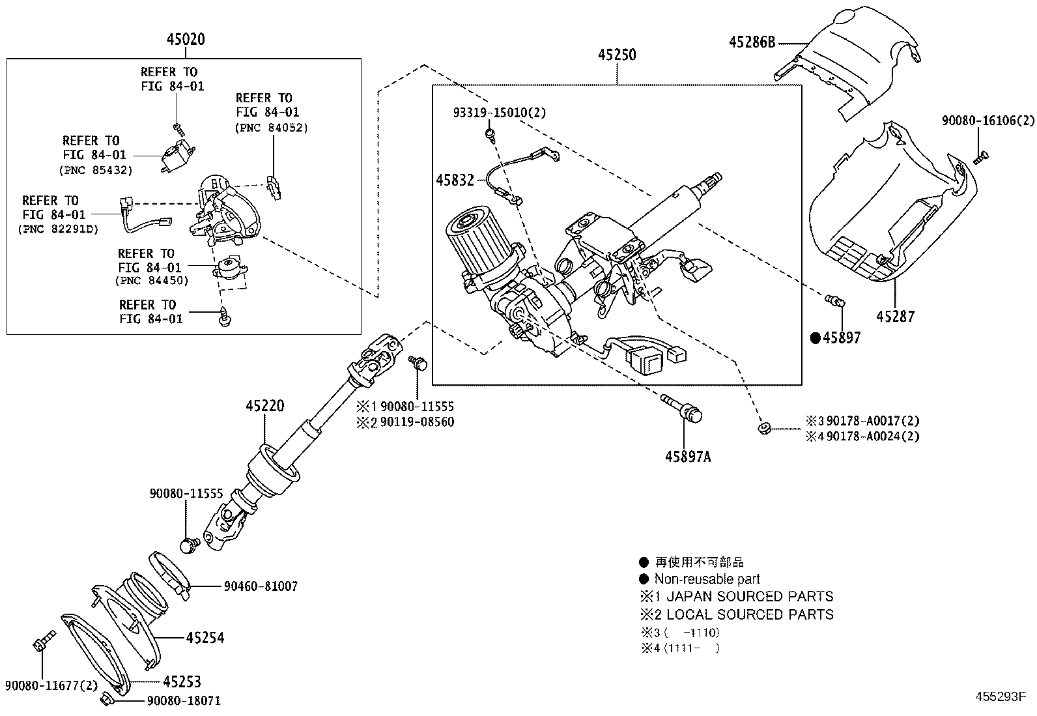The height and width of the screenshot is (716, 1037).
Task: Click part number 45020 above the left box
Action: click(x=186, y=40)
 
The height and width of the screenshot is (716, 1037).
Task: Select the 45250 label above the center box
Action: click(x=617, y=55)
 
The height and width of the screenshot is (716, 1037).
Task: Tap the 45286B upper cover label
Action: click(x=752, y=42)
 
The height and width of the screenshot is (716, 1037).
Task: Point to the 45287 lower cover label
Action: click(x=895, y=317)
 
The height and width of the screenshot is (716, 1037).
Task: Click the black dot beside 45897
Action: click(x=815, y=337)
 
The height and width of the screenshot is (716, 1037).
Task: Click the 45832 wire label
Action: click(x=455, y=180)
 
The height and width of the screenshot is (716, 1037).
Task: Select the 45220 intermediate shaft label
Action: click(x=265, y=406)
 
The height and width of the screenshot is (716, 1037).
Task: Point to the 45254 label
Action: click(x=205, y=637)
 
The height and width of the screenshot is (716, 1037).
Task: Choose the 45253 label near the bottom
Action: click(x=182, y=681)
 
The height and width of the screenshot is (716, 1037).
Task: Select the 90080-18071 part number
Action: click(x=184, y=701)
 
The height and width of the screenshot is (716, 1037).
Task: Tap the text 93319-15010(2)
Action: click(x=499, y=113)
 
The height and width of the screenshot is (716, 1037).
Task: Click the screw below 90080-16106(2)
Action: click(x=981, y=157)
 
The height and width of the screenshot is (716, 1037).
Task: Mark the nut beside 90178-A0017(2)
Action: click(x=763, y=427)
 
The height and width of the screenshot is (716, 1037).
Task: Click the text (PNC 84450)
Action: click(x=152, y=281)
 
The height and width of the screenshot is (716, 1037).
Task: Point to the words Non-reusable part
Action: click(x=707, y=579)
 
